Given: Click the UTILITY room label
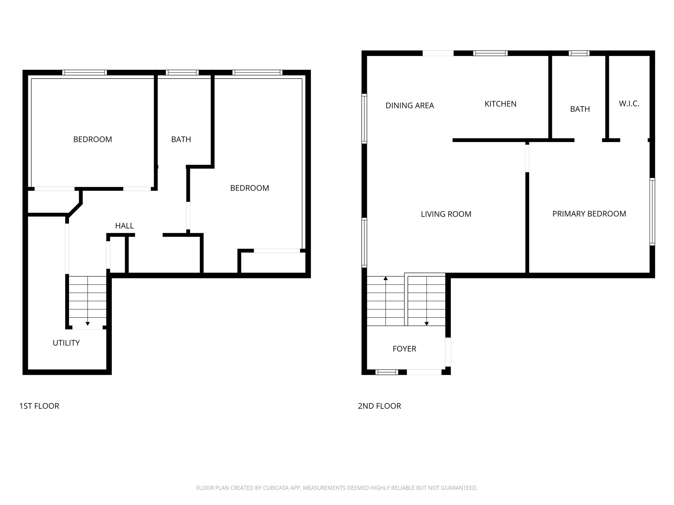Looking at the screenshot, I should (x=66, y=343).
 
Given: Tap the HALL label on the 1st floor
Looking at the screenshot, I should (x=124, y=226).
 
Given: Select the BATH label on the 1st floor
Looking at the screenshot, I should (x=181, y=139).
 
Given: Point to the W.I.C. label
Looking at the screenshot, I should (x=629, y=104).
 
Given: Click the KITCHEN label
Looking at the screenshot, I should (x=500, y=104).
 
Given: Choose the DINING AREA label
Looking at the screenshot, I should (x=409, y=106).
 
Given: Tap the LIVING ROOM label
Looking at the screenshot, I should (x=446, y=214).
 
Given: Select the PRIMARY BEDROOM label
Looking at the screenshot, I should (x=589, y=214).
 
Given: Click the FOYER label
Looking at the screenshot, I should (x=404, y=349).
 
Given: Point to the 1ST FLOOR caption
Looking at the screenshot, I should (x=39, y=406).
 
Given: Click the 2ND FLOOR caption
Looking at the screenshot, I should (x=379, y=406).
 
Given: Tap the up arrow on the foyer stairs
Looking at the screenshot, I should (x=385, y=278).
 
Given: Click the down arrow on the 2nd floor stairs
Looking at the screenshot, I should (x=427, y=324).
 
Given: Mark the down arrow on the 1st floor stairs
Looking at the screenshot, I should (x=88, y=324).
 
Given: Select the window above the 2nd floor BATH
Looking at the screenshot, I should (x=579, y=53).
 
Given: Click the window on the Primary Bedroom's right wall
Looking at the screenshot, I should (x=652, y=211).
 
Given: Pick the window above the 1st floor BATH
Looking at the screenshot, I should (x=182, y=73).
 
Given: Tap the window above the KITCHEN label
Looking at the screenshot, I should (x=490, y=53).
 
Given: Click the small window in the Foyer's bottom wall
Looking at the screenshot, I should (x=387, y=372).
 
